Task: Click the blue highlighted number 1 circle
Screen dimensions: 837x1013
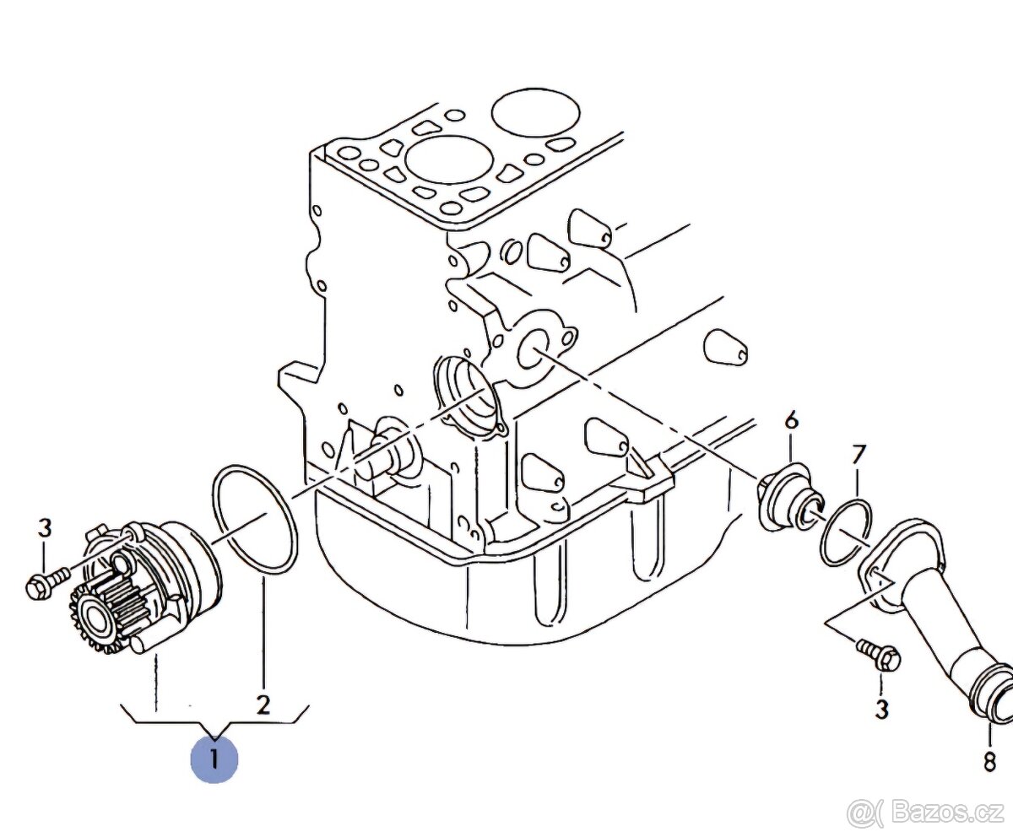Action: (x=214, y=759)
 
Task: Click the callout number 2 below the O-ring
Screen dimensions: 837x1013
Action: (x=263, y=705)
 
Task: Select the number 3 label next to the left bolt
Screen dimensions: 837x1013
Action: (x=44, y=529)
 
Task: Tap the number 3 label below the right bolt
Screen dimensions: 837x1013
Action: (x=881, y=710)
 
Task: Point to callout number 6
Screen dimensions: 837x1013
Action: (x=791, y=419)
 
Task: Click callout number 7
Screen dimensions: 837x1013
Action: (x=859, y=456)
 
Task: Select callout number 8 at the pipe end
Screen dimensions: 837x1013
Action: (x=989, y=762)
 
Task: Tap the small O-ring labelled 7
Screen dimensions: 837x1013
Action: (x=846, y=533)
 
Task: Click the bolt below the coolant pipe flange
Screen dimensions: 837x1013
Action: (x=878, y=656)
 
